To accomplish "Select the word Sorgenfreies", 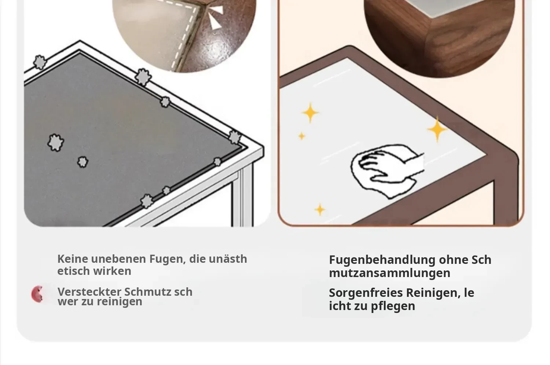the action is point(366,293).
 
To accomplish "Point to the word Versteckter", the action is point(89,292).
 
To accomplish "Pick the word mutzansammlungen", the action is point(390,273).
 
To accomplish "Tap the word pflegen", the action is point(393,306).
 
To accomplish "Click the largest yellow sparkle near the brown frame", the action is point(437,129).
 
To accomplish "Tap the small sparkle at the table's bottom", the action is point(320,210).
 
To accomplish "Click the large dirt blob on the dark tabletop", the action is point(55,142).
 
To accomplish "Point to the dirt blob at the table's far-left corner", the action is point(40,62).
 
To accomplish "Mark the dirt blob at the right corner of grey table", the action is point(235,137).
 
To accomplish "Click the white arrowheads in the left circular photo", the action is point(215,17).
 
